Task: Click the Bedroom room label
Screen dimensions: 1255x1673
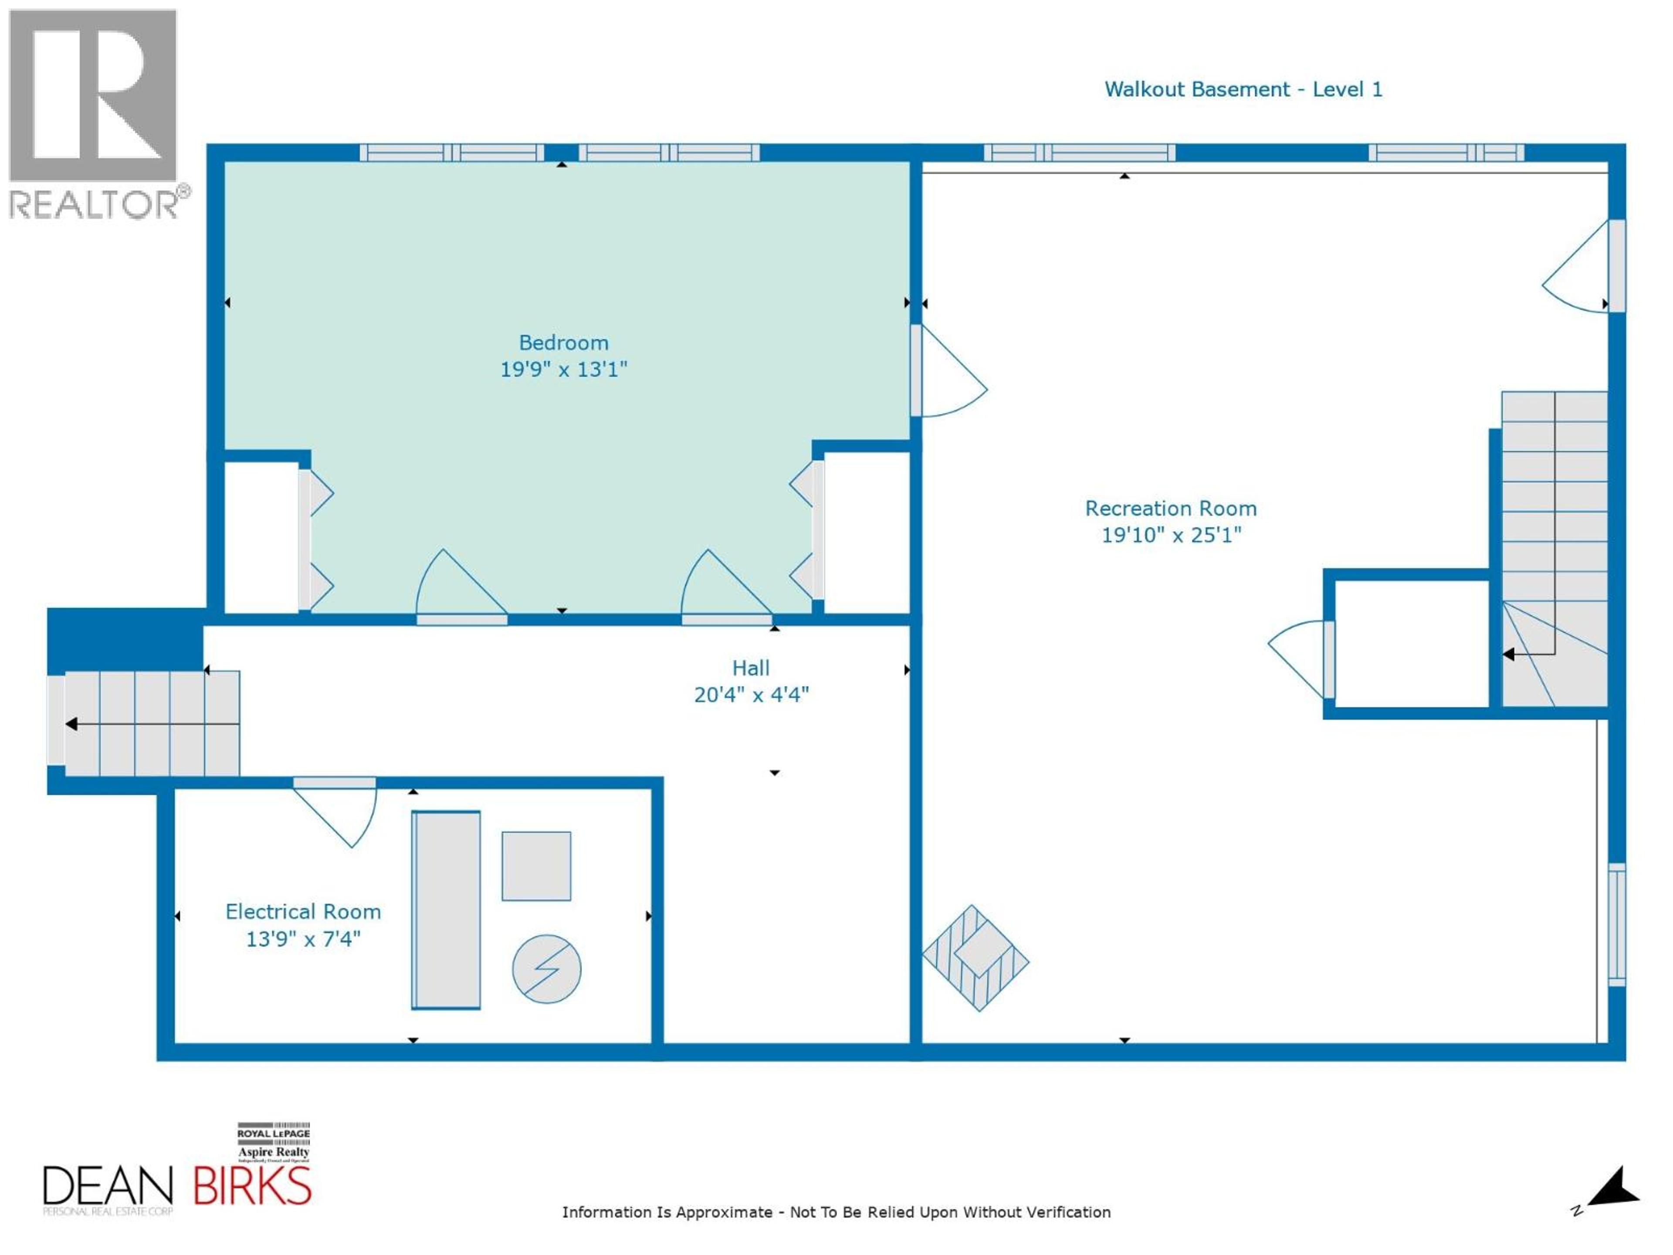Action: [563, 343]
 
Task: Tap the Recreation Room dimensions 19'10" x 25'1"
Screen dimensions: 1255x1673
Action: [1171, 535]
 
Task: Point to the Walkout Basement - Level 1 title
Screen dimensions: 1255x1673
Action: [1243, 89]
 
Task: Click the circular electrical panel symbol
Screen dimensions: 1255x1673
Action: [546, 969]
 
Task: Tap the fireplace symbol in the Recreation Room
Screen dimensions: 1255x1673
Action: [975, 958]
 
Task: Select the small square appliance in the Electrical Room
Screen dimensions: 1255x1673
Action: [536, 866]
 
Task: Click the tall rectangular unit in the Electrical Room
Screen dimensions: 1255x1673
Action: [446, 910]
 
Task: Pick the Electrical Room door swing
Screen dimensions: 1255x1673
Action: [340, 813]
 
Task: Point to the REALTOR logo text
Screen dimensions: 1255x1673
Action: [95, 204]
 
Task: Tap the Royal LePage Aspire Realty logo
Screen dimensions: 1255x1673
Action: [273, 1142]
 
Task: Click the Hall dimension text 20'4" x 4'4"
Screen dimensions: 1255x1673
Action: [751, 695]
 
